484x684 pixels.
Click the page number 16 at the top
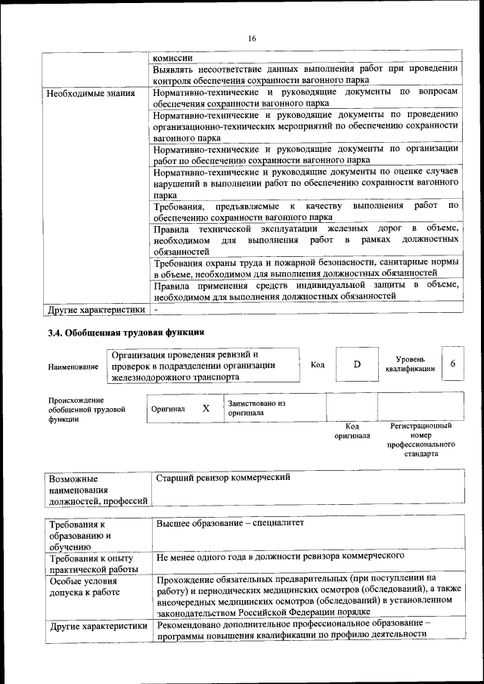pyautogui.click(x=253, y=39)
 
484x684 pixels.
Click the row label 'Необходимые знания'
pyautogui.click(x=91, y=94)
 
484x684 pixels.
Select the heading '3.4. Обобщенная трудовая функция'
pyautogui.click(x=126, y=333)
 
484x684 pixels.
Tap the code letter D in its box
pyautogui.click(x=357, y=364)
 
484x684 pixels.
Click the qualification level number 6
pyautogui.click(x=452, y=364)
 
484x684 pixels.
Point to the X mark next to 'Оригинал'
pyautogui.click(x=206, y=408)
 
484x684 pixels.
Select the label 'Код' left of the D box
pyautogui.click(x=318, y=364)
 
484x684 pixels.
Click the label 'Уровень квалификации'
pyautogui.click(x=414, y=364)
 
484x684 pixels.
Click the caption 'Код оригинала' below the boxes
pyautogui.click(x=352, y=431)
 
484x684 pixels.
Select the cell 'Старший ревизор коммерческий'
pyautogui.click(x=223, y=478)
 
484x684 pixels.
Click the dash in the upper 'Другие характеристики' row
pyautogui.click(x=156, y=310)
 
